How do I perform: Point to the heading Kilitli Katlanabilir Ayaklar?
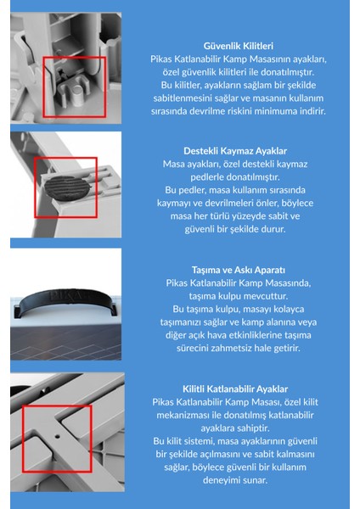(237, 389)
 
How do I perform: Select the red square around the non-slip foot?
(65, 187)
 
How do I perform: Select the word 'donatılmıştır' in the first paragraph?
(284, 71)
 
